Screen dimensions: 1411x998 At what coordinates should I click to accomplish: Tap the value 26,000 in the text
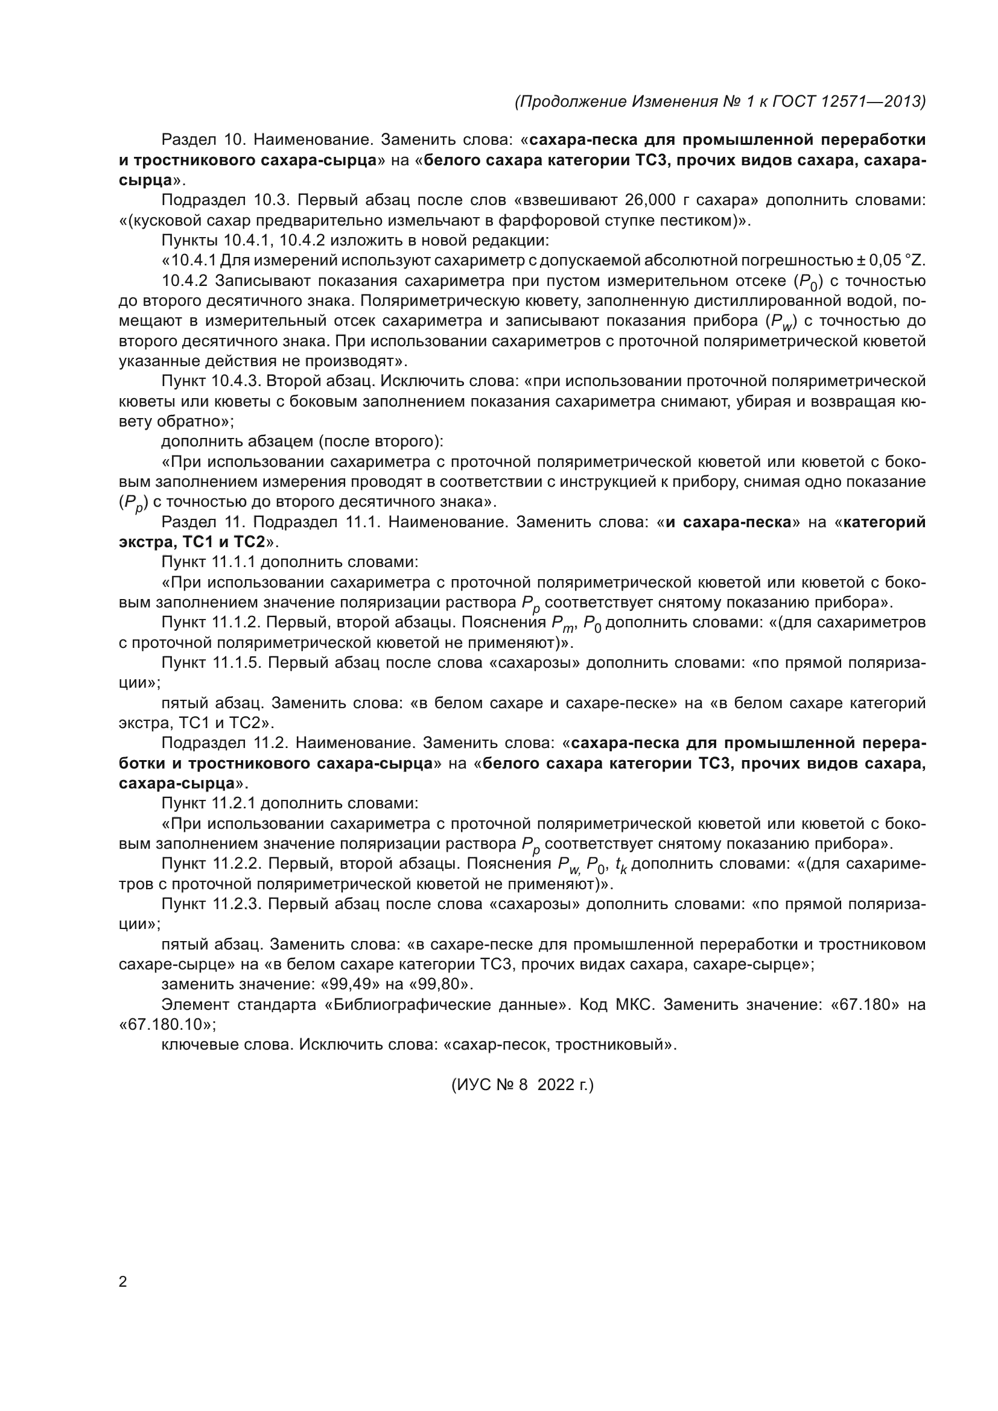[651, 200]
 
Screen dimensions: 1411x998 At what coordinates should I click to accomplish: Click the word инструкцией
[606, 482]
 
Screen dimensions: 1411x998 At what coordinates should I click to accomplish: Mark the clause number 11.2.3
[237, 904]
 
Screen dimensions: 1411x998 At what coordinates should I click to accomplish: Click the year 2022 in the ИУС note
[555, 1085]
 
